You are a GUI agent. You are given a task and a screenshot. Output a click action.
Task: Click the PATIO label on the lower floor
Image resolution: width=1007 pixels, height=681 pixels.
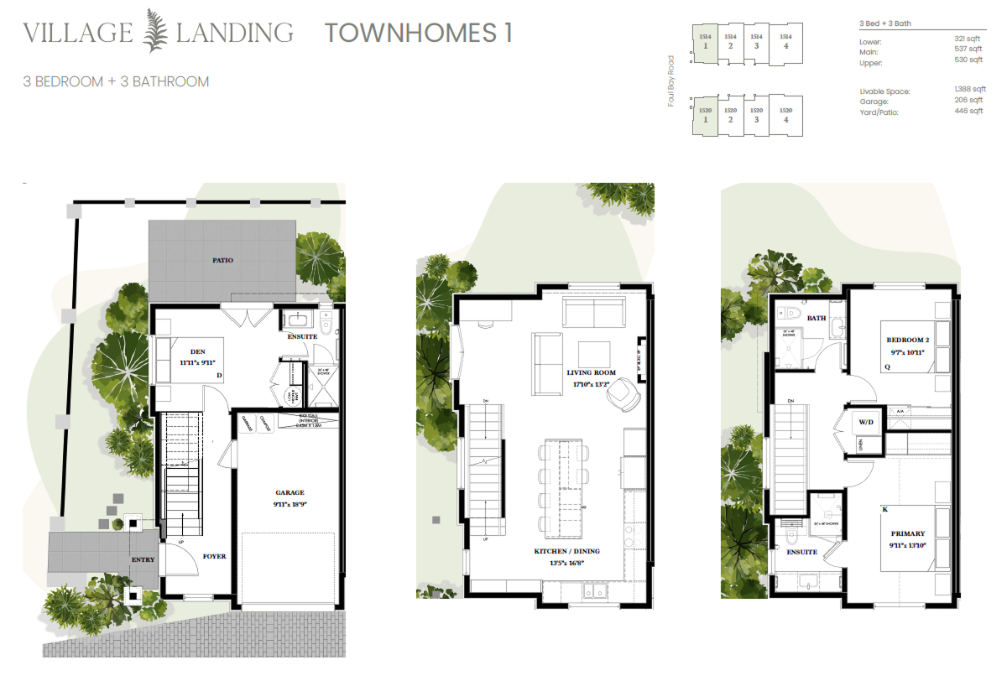click(x=222, y=261)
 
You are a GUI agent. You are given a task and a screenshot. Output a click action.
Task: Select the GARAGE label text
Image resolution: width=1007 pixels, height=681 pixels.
click(x=290, y=493)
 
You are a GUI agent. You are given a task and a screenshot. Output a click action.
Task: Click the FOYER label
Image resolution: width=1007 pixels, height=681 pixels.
click(x=214, y=556)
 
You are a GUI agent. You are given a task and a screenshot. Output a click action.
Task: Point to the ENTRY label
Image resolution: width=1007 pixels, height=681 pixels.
click(x=142, y=559)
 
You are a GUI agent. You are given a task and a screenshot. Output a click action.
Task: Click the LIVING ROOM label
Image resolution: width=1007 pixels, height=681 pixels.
click(x=591, y=372)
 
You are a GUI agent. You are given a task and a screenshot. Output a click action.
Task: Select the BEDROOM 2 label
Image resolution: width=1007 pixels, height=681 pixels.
click(x=907, y=340)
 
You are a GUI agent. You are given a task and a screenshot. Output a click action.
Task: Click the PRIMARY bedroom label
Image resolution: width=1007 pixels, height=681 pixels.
click(x=908, y=533)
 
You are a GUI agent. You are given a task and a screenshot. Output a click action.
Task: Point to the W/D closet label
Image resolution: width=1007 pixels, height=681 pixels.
click(x=865, y=422)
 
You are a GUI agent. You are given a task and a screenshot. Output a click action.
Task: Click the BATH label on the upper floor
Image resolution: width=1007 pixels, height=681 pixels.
click(x=817, y=319)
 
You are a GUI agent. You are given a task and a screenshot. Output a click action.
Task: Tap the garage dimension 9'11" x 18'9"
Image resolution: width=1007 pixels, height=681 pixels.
click(x=290, y=505)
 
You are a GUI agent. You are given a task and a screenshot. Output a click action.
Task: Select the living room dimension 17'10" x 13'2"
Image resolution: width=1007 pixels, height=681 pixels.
click(x=591, y=385)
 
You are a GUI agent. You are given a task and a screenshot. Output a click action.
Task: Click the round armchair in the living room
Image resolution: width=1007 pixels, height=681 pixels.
click(x=624, y=393)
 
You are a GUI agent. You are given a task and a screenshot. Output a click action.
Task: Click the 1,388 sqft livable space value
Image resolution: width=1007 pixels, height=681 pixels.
click(x=968, y=90)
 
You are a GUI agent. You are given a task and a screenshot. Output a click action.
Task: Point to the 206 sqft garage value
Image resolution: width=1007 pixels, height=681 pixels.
click(x=969, y=101)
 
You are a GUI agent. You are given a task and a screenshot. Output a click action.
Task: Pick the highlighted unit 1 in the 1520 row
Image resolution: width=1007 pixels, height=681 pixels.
click(x=706, y=115)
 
